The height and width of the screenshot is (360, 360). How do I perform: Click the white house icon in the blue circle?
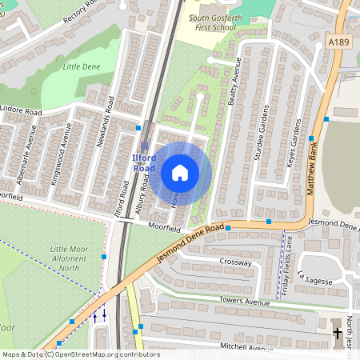point(180,172)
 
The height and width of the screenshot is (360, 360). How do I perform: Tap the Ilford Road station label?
point(144,163)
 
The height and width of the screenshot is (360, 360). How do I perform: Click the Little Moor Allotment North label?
point(69,258)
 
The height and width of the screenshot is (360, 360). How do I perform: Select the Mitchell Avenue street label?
point(246,349)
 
